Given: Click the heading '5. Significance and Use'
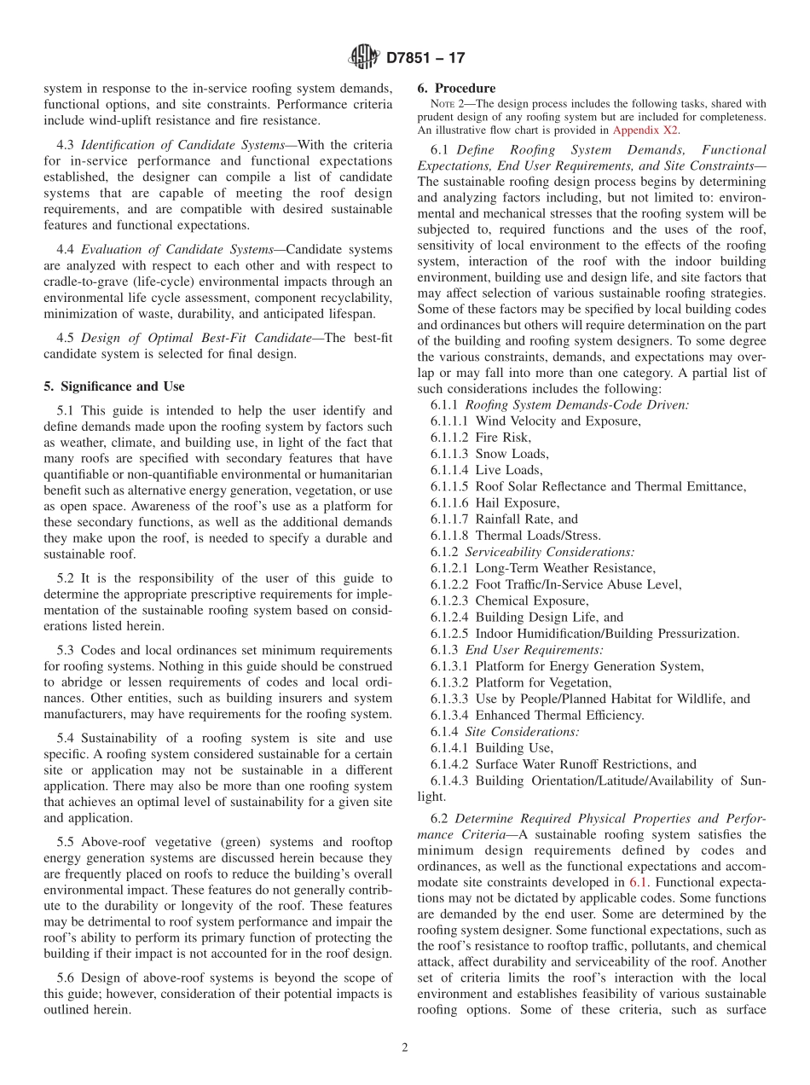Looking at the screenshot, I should click(x=114, y=386).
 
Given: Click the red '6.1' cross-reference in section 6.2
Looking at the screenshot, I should click(x=638, y=882).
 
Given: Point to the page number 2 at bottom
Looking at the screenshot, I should click(x=405, y=1048).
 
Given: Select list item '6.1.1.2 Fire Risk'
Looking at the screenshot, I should click(x=481, y=438).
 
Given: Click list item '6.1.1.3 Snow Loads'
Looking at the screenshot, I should click(x=489, y=454).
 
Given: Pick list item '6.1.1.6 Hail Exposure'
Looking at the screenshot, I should click(x=495, y=503).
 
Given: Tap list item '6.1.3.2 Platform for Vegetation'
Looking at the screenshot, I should click(x=520, y=682).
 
